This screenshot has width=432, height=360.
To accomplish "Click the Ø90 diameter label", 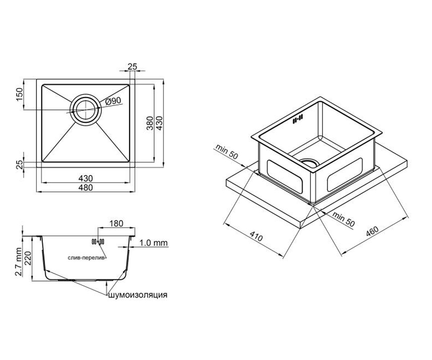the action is tap(113, 101).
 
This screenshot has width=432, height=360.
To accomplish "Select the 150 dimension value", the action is tap(20, 94).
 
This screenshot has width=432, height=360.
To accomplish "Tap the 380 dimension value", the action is tap(150, 123).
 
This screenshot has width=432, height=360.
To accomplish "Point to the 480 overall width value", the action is tap(86, 188).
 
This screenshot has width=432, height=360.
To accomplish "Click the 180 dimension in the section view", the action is tap(116, 224).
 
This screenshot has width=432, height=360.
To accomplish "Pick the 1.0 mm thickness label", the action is tap(153, 243).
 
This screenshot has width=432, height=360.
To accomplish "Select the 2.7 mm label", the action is tap(19, 262).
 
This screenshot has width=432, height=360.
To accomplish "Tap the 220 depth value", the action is tap(28, 258).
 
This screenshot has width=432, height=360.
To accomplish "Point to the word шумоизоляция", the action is tap(138, 295).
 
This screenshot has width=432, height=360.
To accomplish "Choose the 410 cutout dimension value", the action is tap(256, 236).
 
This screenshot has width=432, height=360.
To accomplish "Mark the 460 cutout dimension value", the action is tap(372, 231).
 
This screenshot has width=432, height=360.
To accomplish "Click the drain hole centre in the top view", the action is tap(86, 110).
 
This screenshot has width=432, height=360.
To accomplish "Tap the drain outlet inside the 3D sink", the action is tap(310, 163).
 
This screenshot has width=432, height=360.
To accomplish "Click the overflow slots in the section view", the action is tap(98, 242).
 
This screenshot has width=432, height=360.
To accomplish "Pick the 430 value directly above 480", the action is tap(86, 178).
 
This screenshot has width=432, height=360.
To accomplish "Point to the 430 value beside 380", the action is tap(159, 123).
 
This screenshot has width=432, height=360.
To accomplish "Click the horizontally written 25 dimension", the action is tap(132, 67).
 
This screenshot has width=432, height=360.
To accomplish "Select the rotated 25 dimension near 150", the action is tap(20, 165).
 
